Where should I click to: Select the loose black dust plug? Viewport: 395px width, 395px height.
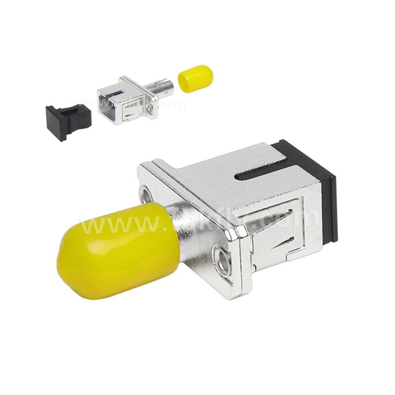coord(68,121)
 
